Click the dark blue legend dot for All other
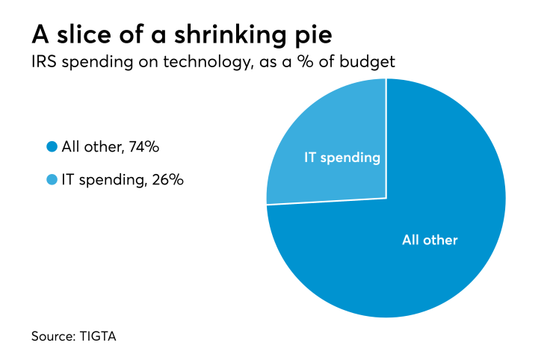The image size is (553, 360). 52,147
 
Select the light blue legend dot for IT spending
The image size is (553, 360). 52,180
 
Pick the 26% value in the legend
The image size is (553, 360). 168,180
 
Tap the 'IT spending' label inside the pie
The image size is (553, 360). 342,158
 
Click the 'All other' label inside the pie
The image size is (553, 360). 430,240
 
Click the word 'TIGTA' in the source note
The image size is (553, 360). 96,336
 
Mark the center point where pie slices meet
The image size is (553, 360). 386,198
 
